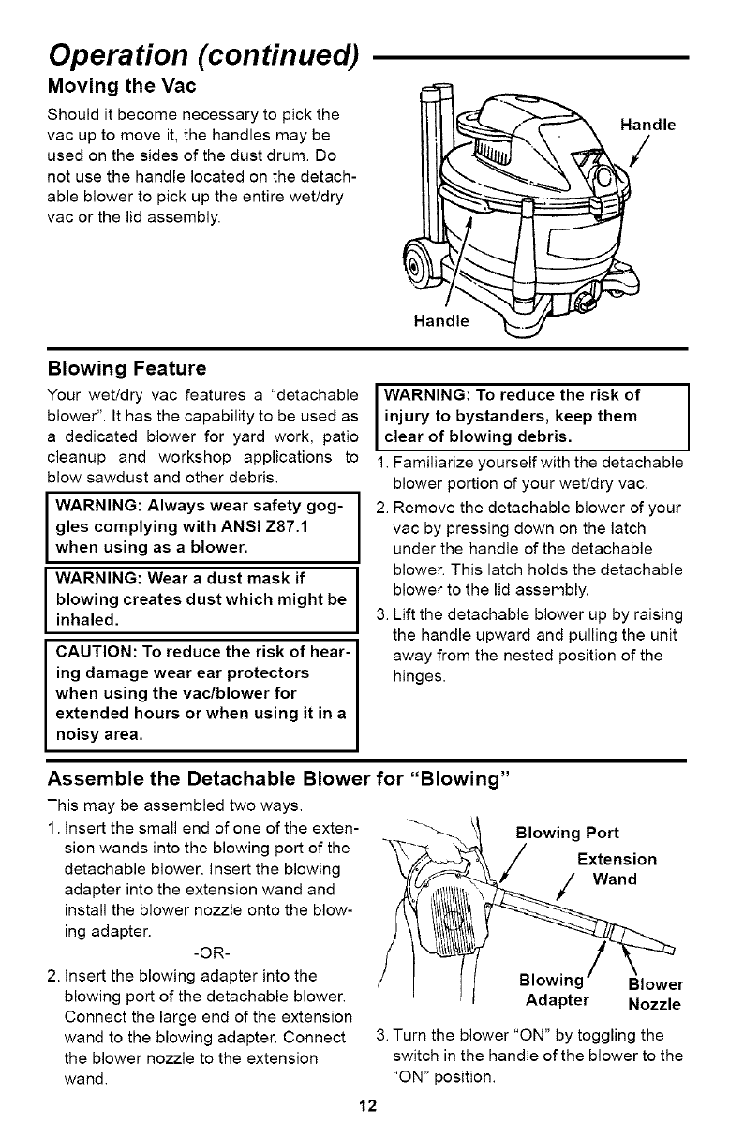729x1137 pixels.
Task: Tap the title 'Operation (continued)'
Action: [203, 44]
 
